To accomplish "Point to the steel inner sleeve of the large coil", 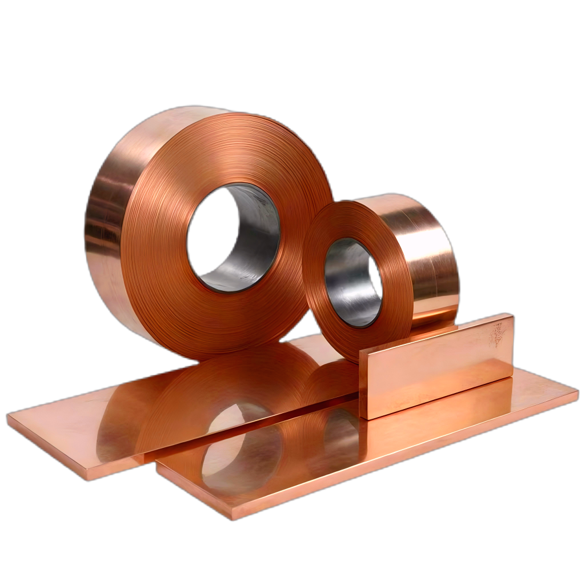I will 251,240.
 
